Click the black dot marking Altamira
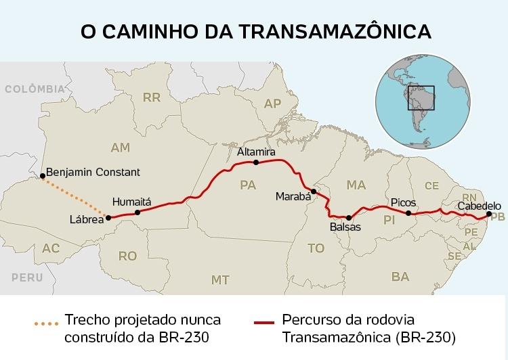point(256,162)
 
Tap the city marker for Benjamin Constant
point(42,173)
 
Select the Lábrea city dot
point(107,217)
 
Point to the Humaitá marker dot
point(137,212)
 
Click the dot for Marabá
point(313,191)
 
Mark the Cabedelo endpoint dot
point(489,215)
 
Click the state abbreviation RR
point(151,97)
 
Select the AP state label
point(272,104)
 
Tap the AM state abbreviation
point(120,148)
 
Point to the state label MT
point(220,279)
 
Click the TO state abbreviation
point(316,248)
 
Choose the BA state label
point(400,276)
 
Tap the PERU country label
point(27,277)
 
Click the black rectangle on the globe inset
point(421,98)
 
